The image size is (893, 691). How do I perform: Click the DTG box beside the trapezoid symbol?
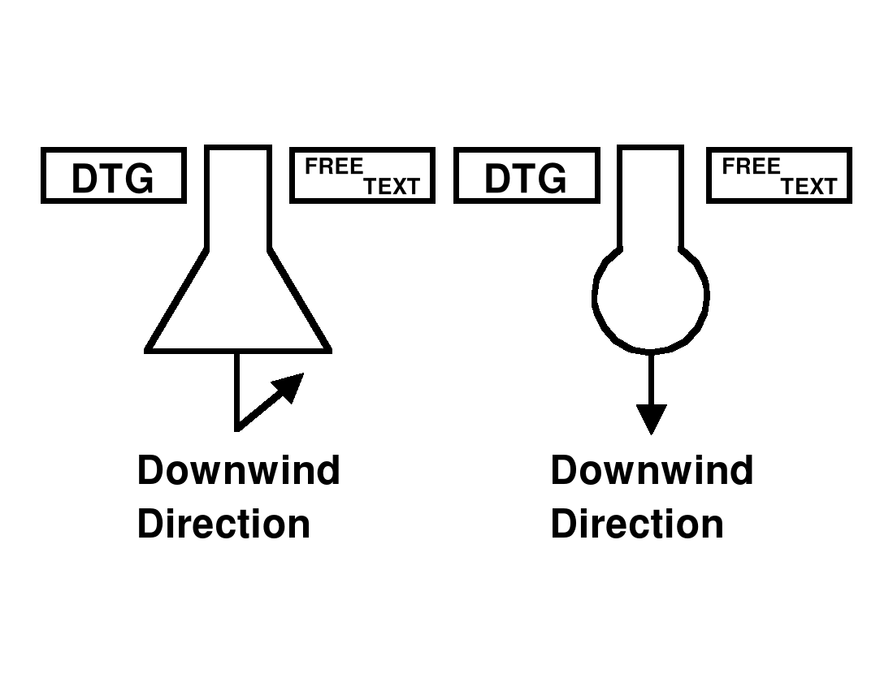coord(113,175)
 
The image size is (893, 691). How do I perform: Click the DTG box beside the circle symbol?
coord(526,175)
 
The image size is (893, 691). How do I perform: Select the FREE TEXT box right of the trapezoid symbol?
coord(362,175)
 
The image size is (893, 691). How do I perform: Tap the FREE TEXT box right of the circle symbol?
coord(778,175)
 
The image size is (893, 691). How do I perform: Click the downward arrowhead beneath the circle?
coord(651,418)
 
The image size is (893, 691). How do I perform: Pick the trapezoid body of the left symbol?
coord(238,309)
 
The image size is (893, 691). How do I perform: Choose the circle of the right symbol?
coord(651,296)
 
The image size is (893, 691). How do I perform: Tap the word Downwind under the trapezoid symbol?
coord(238,471)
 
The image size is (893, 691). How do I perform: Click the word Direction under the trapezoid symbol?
coord(223,524)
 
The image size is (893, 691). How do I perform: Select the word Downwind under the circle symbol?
coord(652,471)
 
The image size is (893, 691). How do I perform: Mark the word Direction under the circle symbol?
coord(637,524)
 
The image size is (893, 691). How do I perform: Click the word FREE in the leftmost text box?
coord(333,167)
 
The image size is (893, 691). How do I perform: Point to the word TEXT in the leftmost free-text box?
coord(392,187)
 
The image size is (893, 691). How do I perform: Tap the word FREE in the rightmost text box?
coord(750,167)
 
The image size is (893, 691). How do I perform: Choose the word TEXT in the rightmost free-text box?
coord(808,187)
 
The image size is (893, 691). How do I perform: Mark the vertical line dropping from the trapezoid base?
coord(236,390)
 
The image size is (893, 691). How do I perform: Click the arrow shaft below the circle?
coord(651,378)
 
